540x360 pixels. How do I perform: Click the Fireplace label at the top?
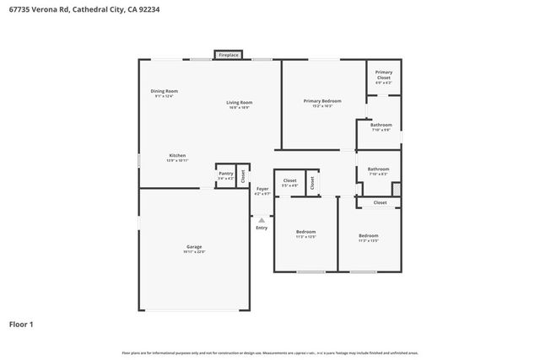tap(229, 55)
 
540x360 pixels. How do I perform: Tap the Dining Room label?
tap(164, 91)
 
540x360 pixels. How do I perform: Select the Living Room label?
tap(239, 103)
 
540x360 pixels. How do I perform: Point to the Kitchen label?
tap(177, 155)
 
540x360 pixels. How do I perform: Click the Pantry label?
tap(225, 173)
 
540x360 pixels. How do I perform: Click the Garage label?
tap(194, 246)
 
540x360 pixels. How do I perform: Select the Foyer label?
tap(262, 189)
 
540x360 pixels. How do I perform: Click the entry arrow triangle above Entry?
tap(262, 220)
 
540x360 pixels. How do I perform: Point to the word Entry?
tap(262, 228)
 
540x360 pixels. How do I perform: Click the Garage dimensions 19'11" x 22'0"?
tap(194, 252)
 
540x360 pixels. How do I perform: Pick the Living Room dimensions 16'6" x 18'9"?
tap(239, 108)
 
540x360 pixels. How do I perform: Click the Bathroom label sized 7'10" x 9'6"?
tap(381, 125)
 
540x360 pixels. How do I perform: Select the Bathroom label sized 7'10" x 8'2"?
tap(378, 169)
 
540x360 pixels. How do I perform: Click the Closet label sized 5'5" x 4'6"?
tap(289, 180)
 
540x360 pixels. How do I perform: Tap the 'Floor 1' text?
tap(22, 324)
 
